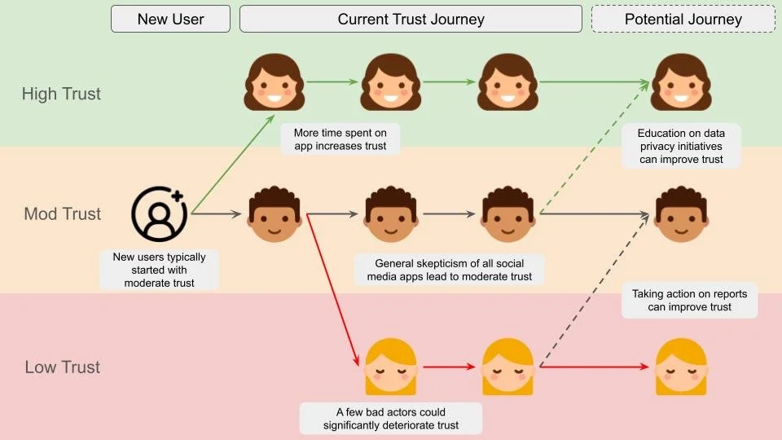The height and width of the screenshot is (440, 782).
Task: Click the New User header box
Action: [x=170, y=19]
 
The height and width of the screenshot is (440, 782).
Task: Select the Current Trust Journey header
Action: [x=411, y=19]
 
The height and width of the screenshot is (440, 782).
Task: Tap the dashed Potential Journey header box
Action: [x=683, y=19]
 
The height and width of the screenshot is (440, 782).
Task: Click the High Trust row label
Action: [x=61, y=94]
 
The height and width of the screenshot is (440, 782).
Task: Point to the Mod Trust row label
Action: [x=63, y=214]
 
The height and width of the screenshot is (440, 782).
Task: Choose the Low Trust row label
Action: [x=63, y=367]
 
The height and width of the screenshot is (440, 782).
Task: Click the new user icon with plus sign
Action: [x=159, y=213]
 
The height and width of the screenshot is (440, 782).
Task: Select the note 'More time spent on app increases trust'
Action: [x=340, y=139]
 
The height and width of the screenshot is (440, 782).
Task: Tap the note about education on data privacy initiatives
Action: [x=680, y=146]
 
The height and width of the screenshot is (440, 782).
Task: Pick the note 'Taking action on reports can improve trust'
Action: [x=689, y=300]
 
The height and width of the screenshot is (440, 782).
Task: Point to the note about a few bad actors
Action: [x=390, y=418]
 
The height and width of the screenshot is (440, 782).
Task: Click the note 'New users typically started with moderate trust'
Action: [x=159, y=270]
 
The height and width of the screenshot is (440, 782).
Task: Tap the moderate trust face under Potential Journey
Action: [x=681, y=214]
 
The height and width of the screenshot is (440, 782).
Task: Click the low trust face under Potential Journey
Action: [x=681, y=367]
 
